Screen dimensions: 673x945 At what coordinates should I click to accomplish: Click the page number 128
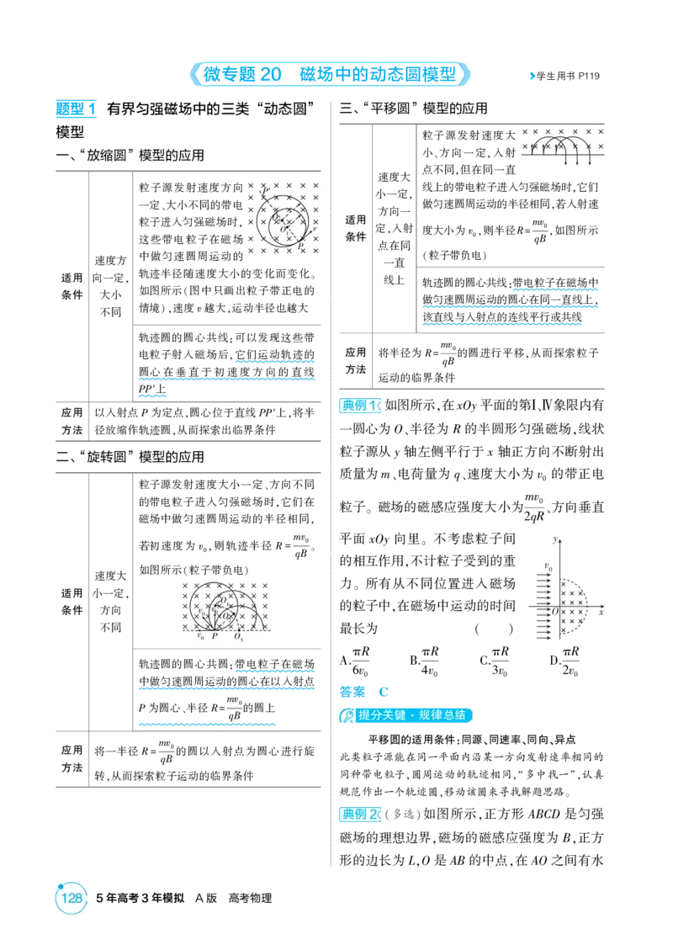[72, 897]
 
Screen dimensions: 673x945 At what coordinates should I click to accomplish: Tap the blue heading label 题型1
[76, 109]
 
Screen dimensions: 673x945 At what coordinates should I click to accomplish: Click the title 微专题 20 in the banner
[242, 74]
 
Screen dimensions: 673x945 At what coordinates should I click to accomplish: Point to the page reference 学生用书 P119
[565, 76]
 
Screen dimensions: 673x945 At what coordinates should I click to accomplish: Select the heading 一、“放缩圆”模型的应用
[130, 156]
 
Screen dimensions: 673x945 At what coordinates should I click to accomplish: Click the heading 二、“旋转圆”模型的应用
[130, 457]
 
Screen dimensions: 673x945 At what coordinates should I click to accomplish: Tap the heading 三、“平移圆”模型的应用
[413, 109]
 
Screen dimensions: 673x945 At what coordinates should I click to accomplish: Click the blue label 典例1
[360, 405]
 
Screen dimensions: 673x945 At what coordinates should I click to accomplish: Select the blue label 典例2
[360, 814]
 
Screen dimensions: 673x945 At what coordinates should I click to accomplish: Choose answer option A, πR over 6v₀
[354, 661]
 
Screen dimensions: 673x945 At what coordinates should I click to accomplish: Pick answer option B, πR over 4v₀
[424, 661]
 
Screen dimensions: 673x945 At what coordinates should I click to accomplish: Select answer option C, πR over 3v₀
[495, 661]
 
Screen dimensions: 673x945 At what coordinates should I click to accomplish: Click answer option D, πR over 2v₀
[564, 661]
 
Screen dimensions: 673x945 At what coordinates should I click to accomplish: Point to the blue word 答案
[352, 692]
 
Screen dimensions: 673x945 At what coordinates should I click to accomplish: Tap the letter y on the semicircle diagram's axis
[555, 539]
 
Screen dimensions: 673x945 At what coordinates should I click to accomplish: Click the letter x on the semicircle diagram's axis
[601, 613]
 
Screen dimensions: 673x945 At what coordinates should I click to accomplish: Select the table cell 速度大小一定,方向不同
[110, 602]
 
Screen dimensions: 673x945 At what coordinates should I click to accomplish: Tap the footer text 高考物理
[250, 898]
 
